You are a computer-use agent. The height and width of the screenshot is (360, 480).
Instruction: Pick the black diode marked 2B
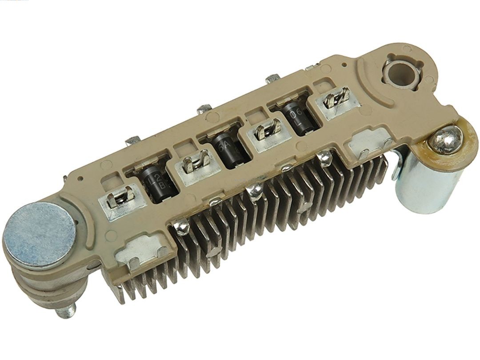tap(153, 182)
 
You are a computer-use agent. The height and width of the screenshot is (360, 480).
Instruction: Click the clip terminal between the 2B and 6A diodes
tap(196, 161)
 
